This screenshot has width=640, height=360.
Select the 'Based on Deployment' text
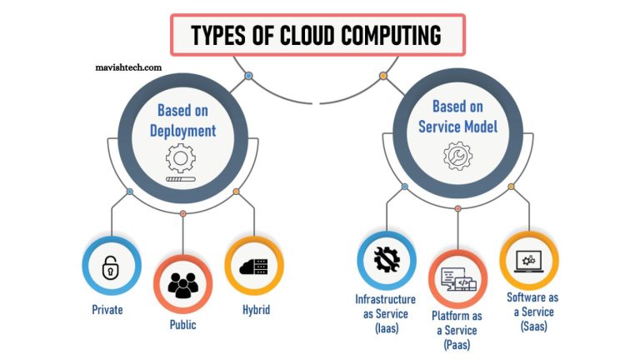tap(182, 119)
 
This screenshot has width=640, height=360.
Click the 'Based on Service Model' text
tap(457, 117)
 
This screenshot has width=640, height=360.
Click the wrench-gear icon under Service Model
tap(457, 154)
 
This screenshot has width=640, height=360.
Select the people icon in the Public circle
tap(182, 286)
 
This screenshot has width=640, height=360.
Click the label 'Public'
tap(182, 325)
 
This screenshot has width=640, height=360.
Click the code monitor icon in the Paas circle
tap(457, 280)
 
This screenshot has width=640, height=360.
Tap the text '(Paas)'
tap(457, 344)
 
